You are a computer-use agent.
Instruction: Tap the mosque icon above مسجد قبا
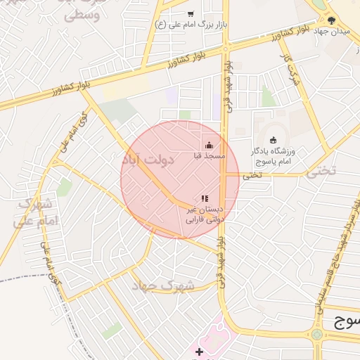208,146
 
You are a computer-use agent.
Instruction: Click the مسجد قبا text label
210,155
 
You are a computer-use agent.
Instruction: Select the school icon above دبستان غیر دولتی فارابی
205,199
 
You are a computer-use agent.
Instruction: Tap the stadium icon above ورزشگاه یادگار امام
273,139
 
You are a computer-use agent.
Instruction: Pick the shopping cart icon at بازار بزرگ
191,13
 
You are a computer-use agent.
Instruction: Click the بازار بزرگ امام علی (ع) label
189,25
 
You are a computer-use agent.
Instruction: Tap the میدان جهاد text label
336,32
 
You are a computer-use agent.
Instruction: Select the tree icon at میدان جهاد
332,20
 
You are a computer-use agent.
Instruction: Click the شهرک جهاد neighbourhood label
155,285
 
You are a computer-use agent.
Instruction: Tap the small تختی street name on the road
252,175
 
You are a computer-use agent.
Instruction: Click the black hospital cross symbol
199,351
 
